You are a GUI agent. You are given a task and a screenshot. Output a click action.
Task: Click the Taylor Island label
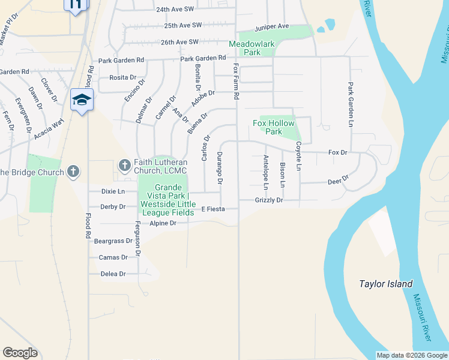385,284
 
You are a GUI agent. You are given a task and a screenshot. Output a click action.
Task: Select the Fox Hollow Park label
274,127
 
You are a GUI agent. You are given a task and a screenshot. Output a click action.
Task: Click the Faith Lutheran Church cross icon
125,164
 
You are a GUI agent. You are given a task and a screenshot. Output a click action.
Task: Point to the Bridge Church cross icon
73,172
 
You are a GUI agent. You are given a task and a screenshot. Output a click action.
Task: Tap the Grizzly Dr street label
268,200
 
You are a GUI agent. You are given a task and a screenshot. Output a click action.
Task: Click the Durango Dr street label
220,167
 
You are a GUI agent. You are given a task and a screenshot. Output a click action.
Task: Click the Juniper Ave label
272,28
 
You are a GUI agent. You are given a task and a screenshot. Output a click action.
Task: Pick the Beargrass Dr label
113,241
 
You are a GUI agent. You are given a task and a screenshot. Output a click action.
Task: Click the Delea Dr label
113,274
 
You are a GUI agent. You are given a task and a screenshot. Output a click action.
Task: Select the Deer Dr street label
338,181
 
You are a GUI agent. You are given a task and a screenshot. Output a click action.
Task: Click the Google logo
20,353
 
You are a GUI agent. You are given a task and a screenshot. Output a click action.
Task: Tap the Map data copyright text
411,355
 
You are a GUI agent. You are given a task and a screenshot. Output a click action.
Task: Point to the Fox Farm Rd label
236,82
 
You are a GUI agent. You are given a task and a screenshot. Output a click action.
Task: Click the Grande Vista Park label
167,200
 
